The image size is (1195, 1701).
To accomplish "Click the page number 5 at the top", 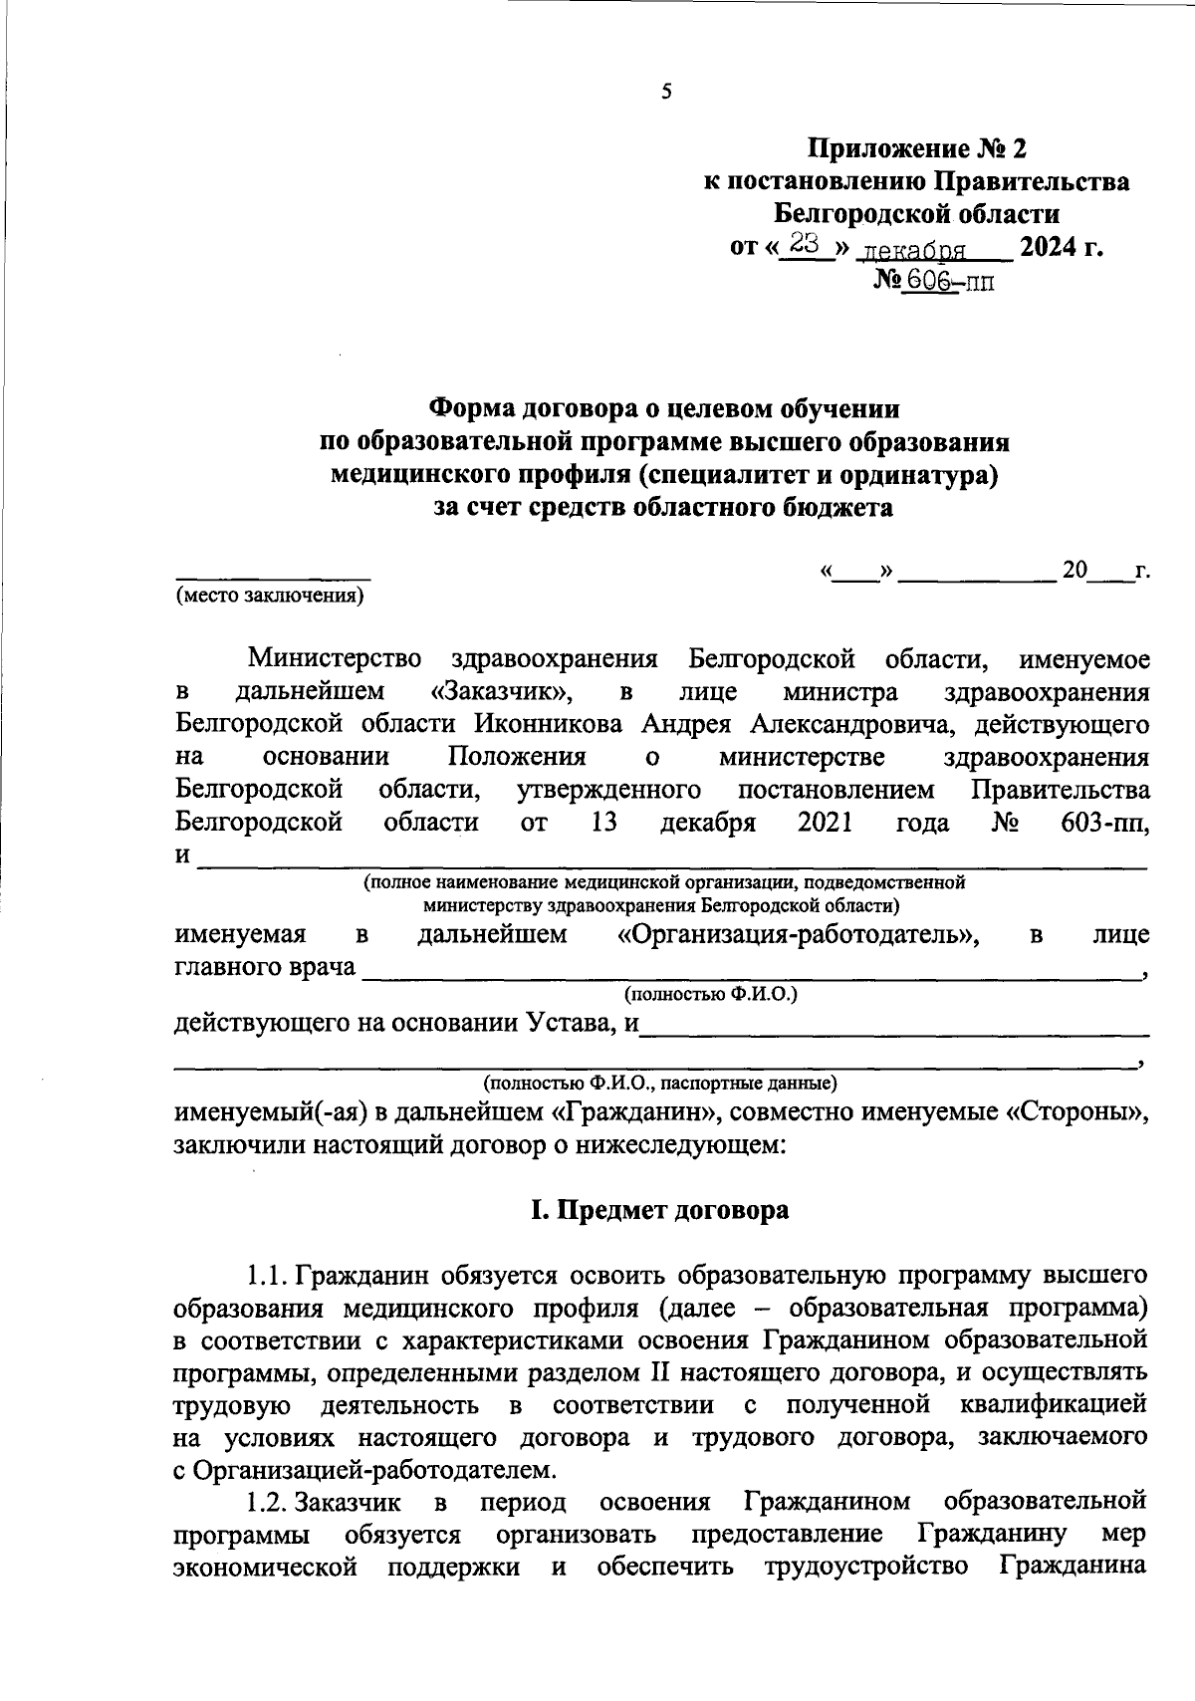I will (x=666, y=93).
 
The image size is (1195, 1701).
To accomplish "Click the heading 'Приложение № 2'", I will (x=915, y=149).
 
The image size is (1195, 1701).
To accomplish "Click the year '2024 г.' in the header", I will (x=1061, y=246).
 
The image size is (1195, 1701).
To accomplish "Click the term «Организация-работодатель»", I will (x=797, y=935).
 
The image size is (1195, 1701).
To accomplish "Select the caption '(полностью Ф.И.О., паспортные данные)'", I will (x=659, y=1083).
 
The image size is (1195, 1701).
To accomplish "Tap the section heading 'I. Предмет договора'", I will (x=659, y=1210).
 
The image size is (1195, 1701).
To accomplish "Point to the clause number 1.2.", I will (x=269, y=1502).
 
